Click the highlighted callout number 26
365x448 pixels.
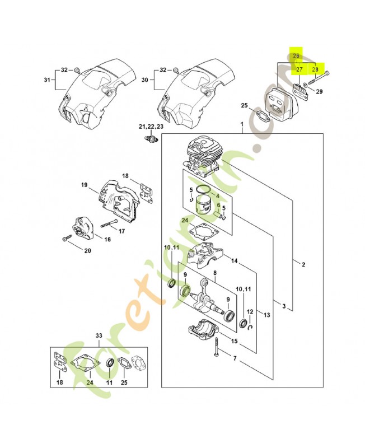(x=296, y=56)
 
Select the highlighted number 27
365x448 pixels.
(x=300, y=69)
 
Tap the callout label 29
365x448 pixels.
(x=319, y=91)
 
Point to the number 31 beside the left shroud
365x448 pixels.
(x=47, y=80)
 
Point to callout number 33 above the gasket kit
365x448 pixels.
(x=99, y=335)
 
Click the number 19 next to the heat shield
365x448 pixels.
(x=84, y=185)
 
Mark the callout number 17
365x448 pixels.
(x=121, y=230)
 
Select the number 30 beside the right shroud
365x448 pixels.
(x=144, y=80)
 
